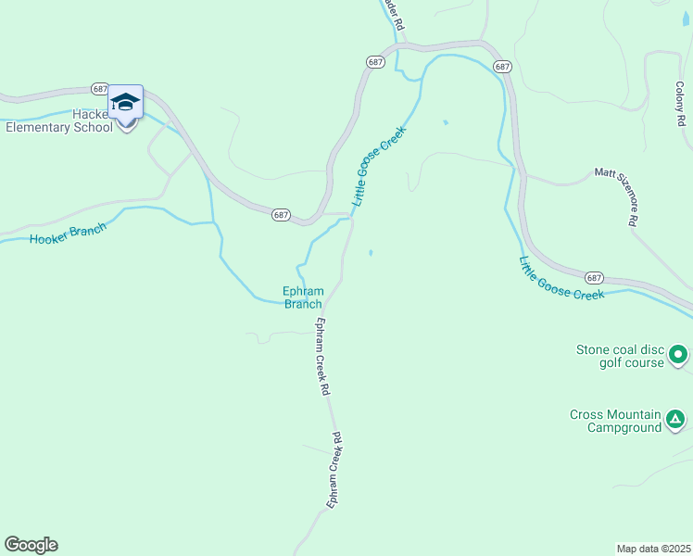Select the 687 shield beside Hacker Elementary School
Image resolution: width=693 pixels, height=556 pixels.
101,88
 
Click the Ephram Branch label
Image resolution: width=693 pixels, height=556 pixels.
302,297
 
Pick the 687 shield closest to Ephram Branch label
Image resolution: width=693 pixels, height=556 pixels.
282,214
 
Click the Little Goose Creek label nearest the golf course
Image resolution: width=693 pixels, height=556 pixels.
561,279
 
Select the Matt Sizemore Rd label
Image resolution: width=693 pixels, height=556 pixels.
616,196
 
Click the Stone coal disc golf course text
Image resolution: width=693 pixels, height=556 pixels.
620,356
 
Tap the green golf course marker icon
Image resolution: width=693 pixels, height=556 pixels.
678,354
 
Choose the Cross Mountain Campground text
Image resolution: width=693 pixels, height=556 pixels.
615,421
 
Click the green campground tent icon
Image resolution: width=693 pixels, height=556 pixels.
677,421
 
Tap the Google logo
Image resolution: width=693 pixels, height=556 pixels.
31,545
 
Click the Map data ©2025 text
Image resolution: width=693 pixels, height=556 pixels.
653,549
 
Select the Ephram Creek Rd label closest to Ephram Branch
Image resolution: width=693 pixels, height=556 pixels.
322,358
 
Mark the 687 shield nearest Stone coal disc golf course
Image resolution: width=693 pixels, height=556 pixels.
594,277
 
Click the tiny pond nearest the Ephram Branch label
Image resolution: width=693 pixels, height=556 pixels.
372,253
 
